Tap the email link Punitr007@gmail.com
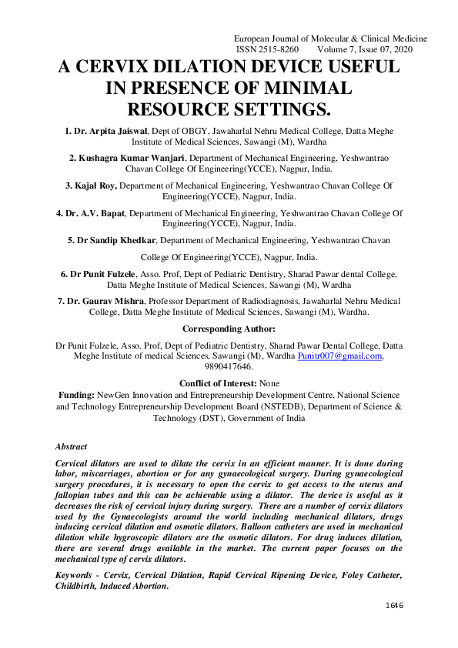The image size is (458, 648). click(345, 356)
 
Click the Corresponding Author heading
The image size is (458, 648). click(229, 329)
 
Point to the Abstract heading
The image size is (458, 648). click(72, 446)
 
